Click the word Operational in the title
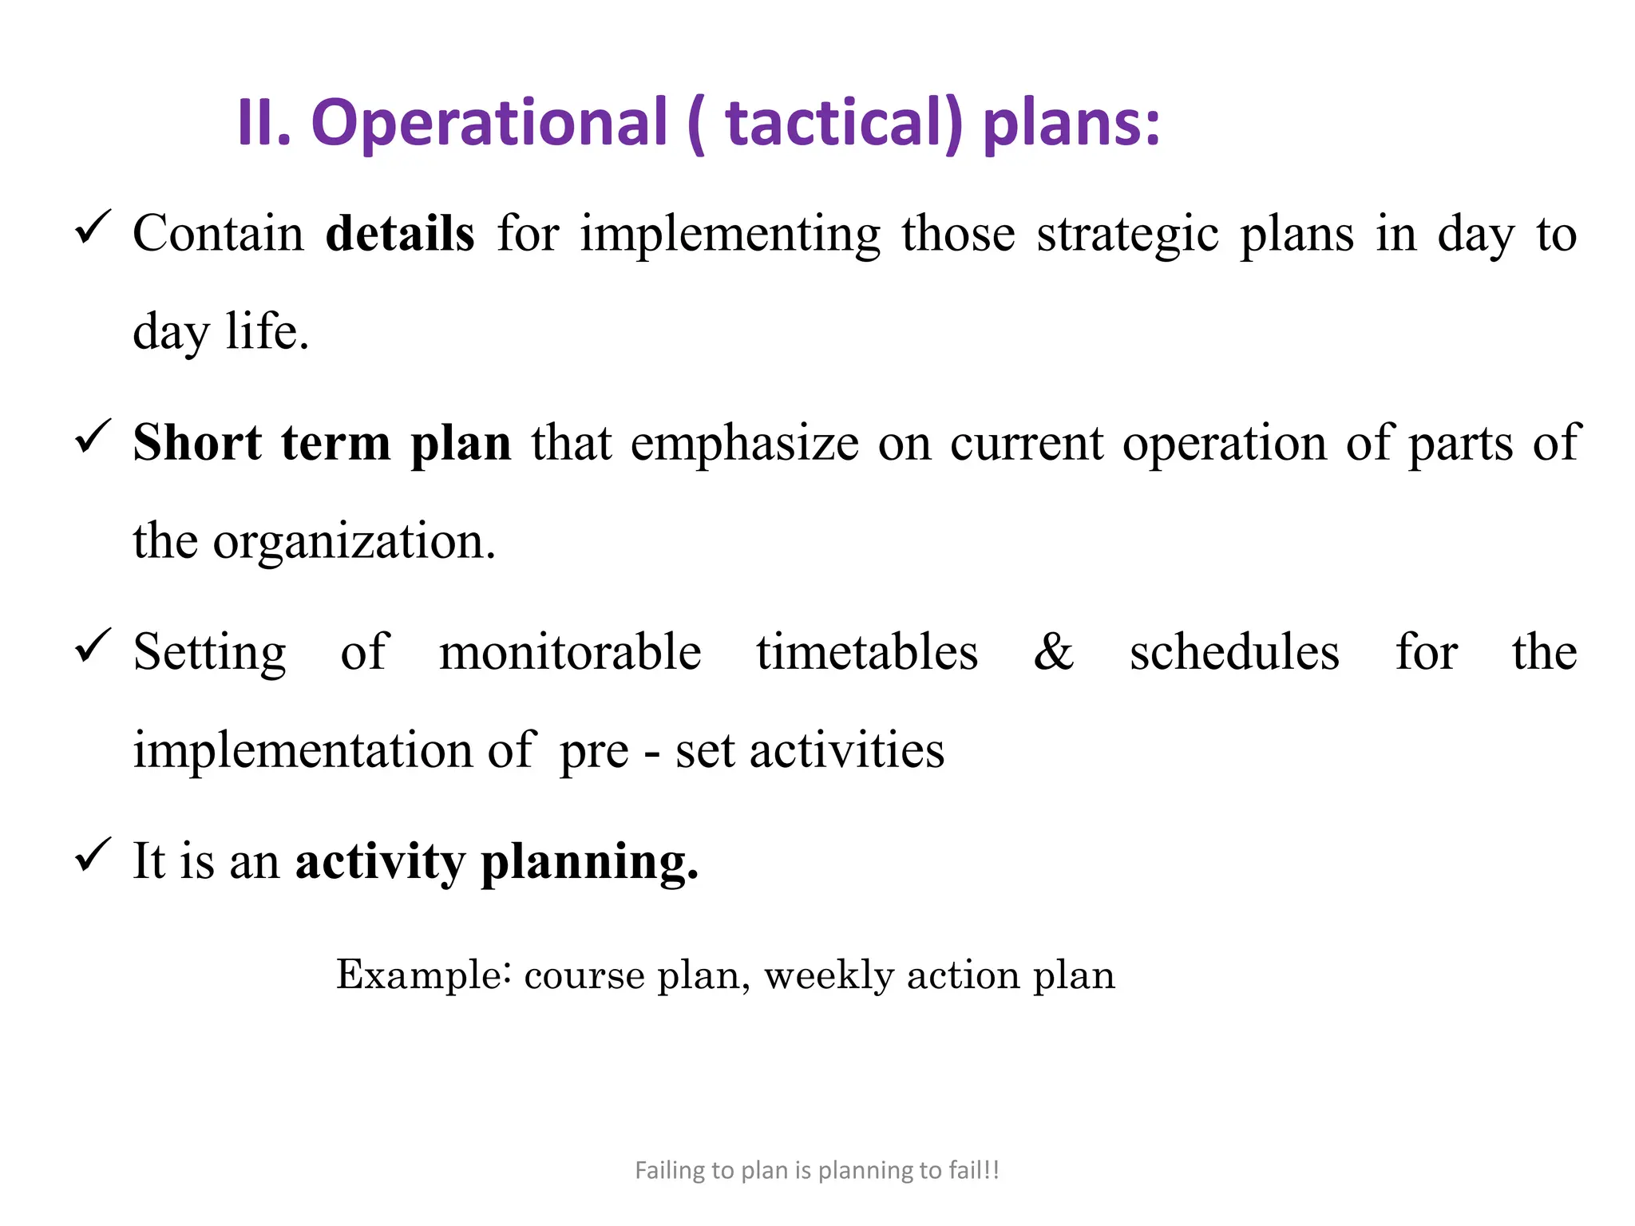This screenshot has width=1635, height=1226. [x=489, y=124]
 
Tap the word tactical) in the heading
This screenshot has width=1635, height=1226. [x=844, y=124]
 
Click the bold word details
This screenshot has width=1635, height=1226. [x=400, y=234]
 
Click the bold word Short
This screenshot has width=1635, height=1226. [x=197, y=443]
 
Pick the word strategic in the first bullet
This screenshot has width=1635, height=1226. [x=1128, y=235]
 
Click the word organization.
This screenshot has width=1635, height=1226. [x=354, y=542]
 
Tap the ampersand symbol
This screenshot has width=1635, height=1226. [x=1054, y=652]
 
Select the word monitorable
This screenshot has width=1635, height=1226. [x=570, y=652]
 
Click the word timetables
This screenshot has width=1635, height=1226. [x=867, y=652]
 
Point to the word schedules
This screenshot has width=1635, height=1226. [x=1234, y=652]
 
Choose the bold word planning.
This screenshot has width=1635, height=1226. [x=589, y=863]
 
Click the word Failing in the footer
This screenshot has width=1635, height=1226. [x=669, y=1170]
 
